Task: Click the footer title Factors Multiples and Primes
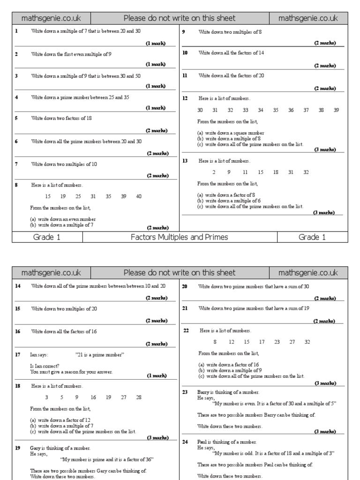(x=180, y=237)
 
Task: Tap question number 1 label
(x=17, y=31)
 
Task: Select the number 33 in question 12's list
(x=245, y=110)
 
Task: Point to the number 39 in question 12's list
(x=336, y=110)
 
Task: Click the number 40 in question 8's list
(x=138, y=196)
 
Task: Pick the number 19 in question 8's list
(x=63, y=196)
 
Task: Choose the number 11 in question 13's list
(x=245, y=172)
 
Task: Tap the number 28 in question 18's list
(x=138, y=397)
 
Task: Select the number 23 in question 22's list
(x=277, y=342)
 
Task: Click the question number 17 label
(x=18, y=355)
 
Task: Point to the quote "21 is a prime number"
(x=99, y=355)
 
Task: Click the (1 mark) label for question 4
(x=155, y=108)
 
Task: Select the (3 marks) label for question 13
(x=324, y=212)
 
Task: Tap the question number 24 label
(x=185, y=442)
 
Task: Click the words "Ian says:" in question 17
(x=39, y=355)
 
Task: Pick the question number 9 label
(x=184, y=32)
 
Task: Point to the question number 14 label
(x=18, y=286)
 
